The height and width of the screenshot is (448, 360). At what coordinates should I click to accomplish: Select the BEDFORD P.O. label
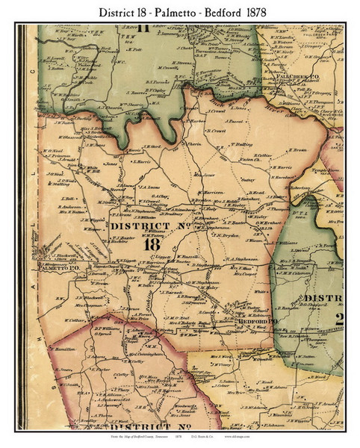[264, 322]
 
